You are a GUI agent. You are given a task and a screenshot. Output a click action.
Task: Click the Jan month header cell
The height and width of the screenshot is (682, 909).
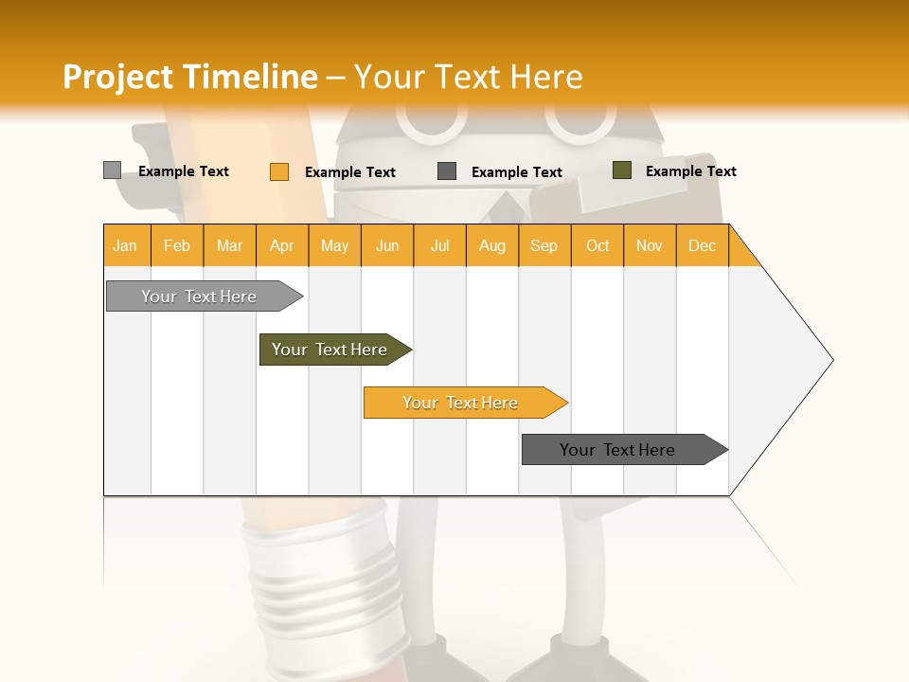click(x=126, y=245)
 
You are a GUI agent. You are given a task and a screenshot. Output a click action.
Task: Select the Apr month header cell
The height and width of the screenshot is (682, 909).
click(x=282, y=245)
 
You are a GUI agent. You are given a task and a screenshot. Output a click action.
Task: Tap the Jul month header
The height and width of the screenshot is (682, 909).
click(x=439, y=245)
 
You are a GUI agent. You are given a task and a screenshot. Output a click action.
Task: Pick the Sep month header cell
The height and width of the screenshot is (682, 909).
click(x=544, y=245)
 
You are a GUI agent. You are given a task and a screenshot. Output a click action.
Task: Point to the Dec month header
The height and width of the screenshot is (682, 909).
click(x=702, y=245)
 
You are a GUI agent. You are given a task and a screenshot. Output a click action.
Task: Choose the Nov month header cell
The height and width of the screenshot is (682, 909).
click(x=650, y=245)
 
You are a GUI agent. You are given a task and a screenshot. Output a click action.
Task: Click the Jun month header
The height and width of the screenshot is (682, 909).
click(x=387, y=245)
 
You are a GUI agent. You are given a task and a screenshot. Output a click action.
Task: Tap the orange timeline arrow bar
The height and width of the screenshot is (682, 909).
click(x=461, y=403)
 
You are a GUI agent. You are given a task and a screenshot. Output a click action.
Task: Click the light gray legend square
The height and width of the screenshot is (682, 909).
click(x=112, y=170)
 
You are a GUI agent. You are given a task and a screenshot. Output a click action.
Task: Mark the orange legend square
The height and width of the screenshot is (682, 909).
click(x=278, y=171)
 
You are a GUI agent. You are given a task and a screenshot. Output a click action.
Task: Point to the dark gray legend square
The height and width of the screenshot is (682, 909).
click(x=447, y=171)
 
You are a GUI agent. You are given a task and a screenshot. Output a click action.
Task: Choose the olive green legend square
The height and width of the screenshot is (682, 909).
click(x=621, y=170)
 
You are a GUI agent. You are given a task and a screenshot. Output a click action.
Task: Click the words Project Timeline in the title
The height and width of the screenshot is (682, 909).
click(x=189, y=77)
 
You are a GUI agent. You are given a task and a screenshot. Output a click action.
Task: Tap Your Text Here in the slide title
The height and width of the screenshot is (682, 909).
click(x=468, y=77)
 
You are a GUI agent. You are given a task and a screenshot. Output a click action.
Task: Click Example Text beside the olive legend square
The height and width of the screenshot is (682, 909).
click(x=690, y=171)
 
